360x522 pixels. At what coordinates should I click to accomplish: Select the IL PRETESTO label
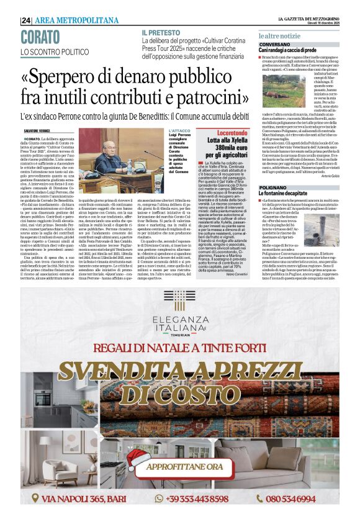point(161,32)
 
